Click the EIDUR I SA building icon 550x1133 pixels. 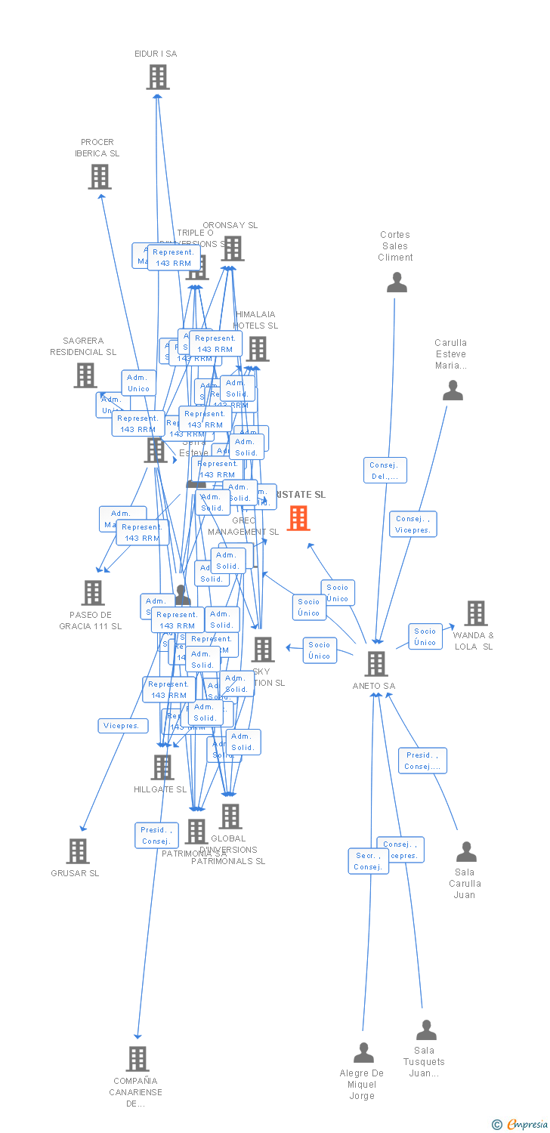[x=158, y=77]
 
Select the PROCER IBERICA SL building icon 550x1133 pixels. [x=100, y=177]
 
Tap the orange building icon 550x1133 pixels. [x=298, y=518]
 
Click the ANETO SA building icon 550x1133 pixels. [x=376, y=664]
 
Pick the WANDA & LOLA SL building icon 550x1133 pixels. [x=476, y=613]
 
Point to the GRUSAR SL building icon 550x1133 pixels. [x=78, y=851]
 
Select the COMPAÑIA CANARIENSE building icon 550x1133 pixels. [x=137, y=1059]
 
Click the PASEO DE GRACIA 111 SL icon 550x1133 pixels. [x=93, y=593]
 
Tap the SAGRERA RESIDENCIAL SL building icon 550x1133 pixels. [x=85, y=375]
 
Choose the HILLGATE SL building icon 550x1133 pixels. [x=162, y=767]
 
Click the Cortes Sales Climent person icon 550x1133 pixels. [x=396, y=282]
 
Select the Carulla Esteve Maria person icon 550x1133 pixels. [x=453, y=391]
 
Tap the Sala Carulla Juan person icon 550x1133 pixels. [x=466, y=852]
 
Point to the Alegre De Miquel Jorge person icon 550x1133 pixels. [x=364, y=1052]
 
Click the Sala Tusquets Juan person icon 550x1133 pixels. [x=426, y=1030]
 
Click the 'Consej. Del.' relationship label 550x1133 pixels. [x=385, y=471]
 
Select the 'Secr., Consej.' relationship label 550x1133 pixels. [x=368, y=861]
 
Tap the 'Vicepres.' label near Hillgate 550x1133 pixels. [x=123, y=726]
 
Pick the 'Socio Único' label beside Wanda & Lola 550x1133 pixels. [x=425, y=636]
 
